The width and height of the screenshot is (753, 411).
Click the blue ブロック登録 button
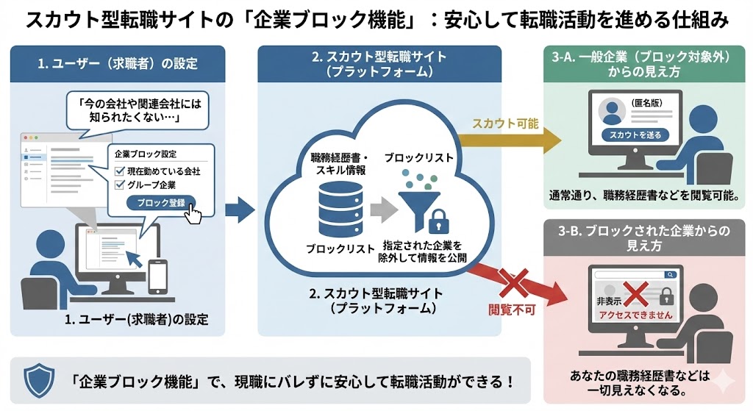pyautogui.click(x=161, y=202)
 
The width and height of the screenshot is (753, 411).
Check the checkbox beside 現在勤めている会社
pyautogui.click(x=121, y=171)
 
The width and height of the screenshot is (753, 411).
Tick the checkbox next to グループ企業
pyautogui.click(x=121, y=185)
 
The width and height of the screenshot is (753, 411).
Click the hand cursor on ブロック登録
pyautogui.click(x=193, y=213)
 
